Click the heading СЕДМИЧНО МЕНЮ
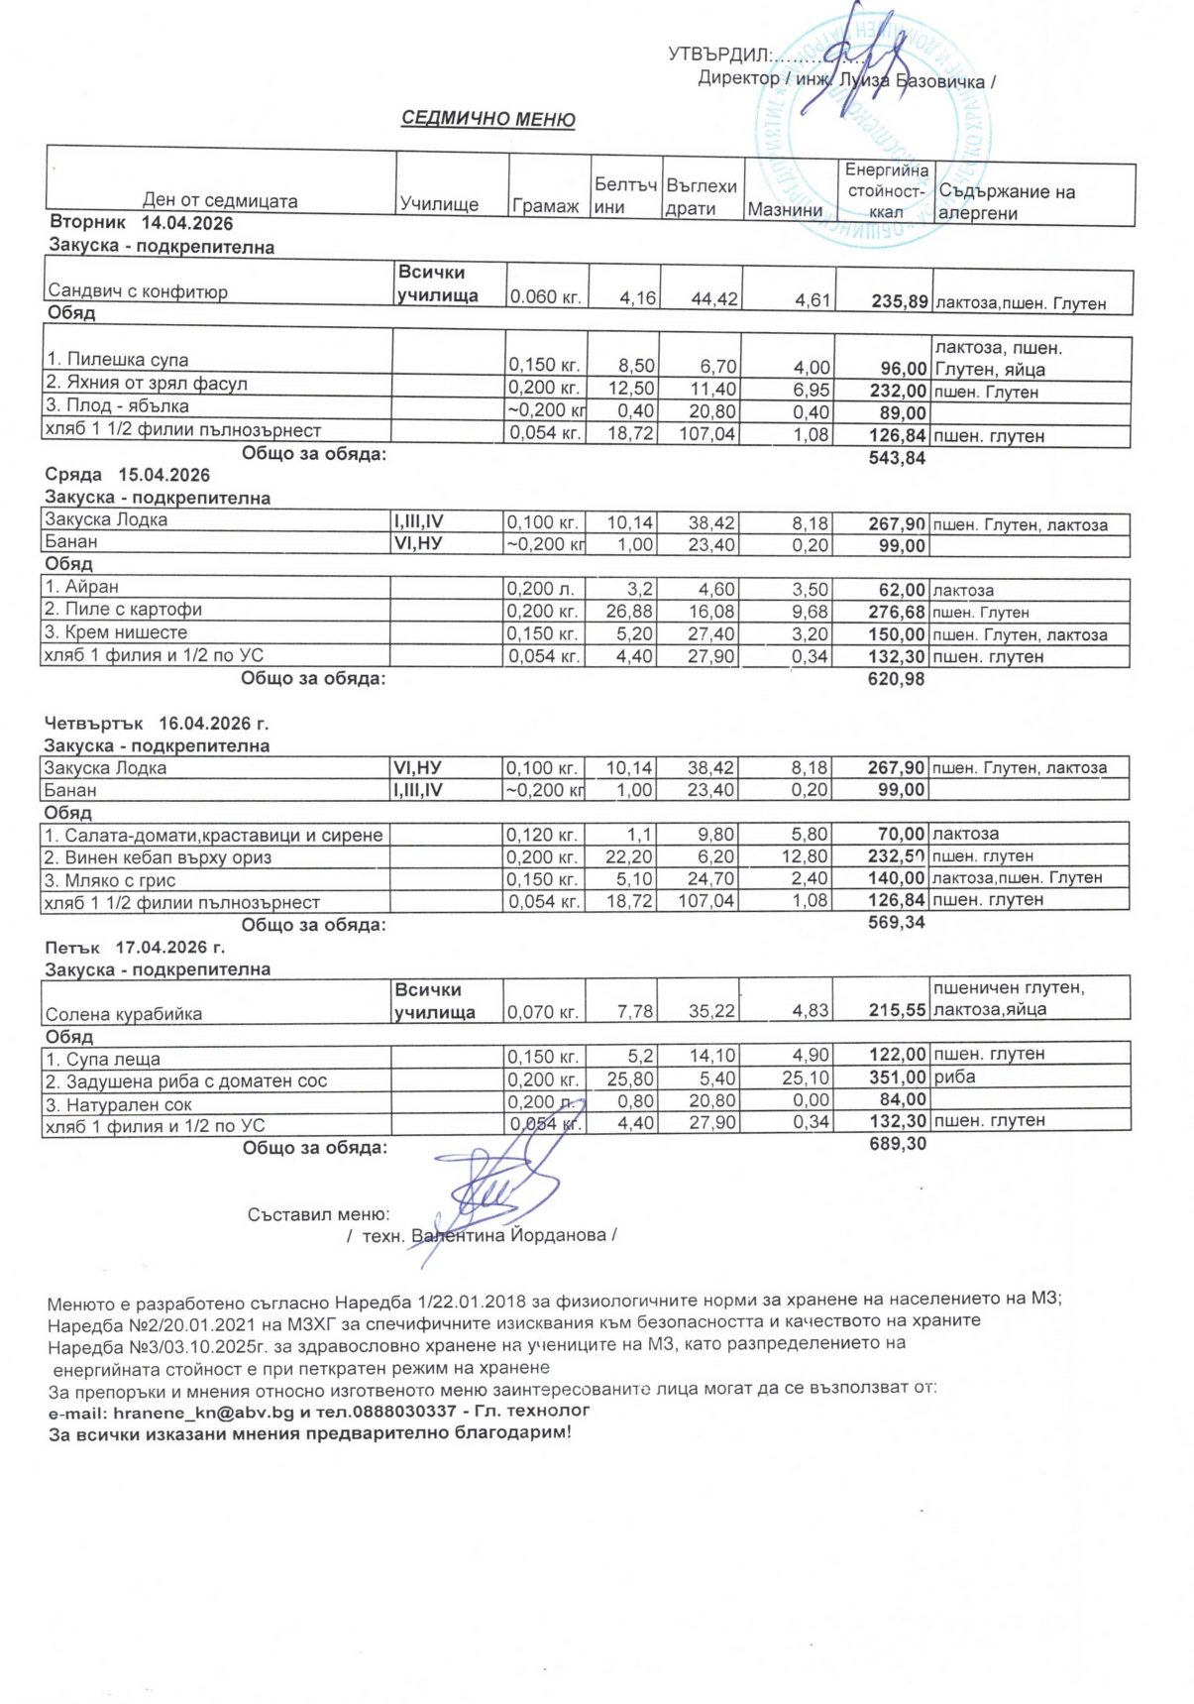pyautogui.click(x=488, y=120)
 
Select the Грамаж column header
pyautogui.click(x=545, y=206)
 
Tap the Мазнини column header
pyautogui.click(x=785, y=209)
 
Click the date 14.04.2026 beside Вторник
pyautogui.click(x=187, y=224)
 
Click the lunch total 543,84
pyautogui.click(x=897, y=457)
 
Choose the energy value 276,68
pyautogui.click(x=896, y=613)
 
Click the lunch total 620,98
pyautogui.click(x=896, y=679)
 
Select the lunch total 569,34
pyautogui.click(x=896, y=923)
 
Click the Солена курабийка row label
pyautogui.click(x=124, y=1014)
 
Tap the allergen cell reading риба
pyautogui.click(x=954, y=1077)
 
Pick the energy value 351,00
pyautogui.click(x=897, y=1078)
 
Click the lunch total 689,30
pyautogui.click(x=897, y=1144)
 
